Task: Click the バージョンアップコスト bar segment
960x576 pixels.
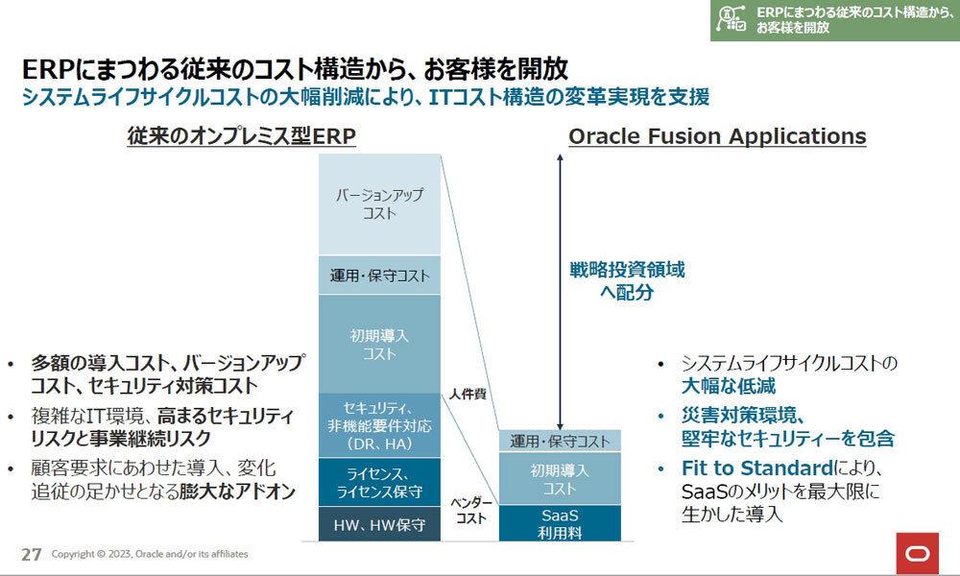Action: tap(379, 204)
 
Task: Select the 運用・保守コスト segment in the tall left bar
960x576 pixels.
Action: tap(379, 276)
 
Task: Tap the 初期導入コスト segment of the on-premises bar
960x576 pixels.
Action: tap(379, 345)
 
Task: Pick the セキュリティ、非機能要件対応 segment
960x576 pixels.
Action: tap(379, 426)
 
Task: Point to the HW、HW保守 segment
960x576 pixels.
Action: tap(379, 524)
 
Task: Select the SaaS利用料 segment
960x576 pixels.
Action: tap(560, 523)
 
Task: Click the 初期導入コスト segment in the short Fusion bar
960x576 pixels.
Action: tap(560, 479)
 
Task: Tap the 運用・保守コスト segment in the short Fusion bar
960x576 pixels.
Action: tap(560, 441)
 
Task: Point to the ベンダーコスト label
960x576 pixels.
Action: tap(471, 511)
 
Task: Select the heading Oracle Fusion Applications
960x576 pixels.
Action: tap(717, 136)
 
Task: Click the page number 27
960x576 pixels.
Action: tap(31, 554)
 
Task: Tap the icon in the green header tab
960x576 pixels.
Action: tap(732, 19)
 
